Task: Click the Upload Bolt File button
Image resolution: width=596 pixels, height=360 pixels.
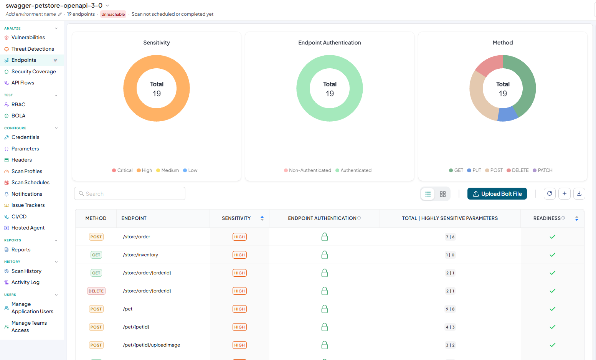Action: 497,194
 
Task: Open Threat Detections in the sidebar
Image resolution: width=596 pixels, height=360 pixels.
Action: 33,49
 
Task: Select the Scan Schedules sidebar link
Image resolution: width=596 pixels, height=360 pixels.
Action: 30,182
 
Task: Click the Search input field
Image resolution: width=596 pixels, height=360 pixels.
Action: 130,193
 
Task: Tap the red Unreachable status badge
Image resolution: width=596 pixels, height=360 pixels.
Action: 113,14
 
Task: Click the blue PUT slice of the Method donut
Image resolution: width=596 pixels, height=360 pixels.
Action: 507,114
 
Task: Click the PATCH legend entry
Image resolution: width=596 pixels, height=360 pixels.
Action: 542,170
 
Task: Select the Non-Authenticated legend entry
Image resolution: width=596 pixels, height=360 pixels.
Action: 307,170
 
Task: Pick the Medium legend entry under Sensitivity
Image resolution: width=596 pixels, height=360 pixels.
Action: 167,170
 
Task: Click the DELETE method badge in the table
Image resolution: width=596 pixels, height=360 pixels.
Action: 96,291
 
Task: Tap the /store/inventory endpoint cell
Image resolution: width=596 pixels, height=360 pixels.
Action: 140,254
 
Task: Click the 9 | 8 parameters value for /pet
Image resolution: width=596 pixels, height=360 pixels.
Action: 450,309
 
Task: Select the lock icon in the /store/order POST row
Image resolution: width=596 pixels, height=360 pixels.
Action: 324,237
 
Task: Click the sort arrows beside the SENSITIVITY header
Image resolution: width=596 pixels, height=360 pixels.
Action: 262,218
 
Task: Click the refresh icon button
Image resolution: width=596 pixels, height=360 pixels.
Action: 550,194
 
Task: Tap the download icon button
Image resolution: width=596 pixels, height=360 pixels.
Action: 579,194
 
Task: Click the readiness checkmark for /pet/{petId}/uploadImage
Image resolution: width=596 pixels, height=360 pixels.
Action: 552,345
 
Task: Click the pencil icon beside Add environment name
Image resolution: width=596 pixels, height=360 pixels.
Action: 60,14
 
